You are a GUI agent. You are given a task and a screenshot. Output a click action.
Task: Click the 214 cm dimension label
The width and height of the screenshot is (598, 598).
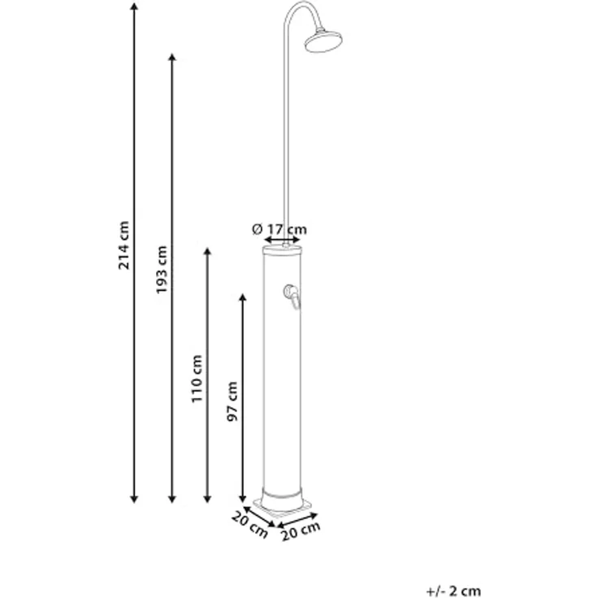124,245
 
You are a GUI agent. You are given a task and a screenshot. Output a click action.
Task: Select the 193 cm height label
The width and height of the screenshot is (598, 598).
162,270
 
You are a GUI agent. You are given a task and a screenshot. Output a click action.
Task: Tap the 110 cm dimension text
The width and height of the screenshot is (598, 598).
197,379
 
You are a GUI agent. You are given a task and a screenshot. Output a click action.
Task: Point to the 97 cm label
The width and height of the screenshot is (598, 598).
232,401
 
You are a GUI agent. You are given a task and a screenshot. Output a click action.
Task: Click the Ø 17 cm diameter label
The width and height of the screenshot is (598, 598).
279,229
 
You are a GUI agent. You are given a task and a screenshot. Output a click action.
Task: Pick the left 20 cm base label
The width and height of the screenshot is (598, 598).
249,525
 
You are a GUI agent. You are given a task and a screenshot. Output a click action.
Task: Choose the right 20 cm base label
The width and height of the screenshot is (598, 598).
301,531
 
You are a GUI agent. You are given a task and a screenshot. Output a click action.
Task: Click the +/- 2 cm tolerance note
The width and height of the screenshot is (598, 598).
453,591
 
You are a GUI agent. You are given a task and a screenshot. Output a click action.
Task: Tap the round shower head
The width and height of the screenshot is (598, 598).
323,41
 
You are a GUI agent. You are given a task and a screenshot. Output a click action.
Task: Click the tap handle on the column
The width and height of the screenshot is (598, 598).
292,297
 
